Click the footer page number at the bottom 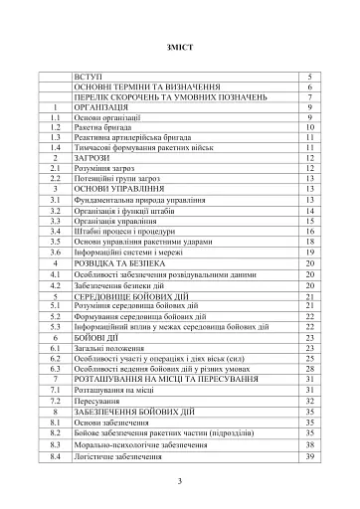point(180,481)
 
